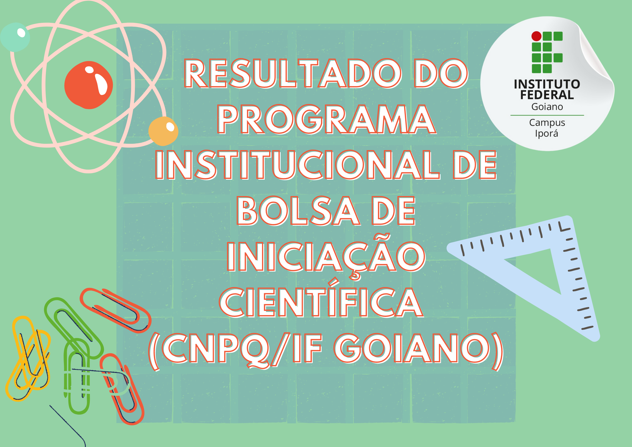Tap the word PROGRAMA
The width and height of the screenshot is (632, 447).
327,119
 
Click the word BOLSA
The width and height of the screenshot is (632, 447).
298,211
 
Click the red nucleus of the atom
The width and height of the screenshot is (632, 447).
89,85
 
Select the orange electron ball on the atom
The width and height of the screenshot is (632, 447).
163,131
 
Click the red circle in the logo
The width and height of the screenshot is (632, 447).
536,36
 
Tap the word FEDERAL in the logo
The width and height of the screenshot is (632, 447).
547,95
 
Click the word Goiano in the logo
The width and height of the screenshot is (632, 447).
547,107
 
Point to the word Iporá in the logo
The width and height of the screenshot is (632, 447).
546,134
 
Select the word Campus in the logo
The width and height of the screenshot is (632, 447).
547,123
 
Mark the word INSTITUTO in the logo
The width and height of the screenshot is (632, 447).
547,84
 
